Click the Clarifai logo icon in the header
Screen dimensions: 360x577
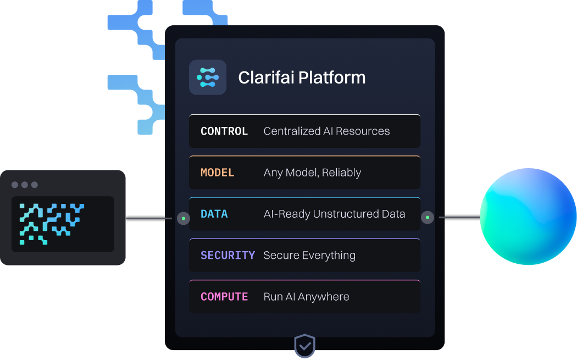click(x=208, y=77)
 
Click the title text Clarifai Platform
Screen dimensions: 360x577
click(x=302, y=77)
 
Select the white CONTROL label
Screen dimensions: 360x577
click(x=224, y=131)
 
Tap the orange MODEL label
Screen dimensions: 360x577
click(x=218, y=173)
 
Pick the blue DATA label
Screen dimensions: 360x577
click(x=214, y=214)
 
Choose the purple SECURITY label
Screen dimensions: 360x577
click(x=228, y=255)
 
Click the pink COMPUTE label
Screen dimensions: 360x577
click(x=224, y=297)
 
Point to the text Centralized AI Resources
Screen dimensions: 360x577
click(x=326, y=131)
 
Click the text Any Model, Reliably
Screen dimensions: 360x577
click(x=312, y=173)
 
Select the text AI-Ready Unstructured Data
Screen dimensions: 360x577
click(x=334, y=214)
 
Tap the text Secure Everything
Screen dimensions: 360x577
click(x=309, y=255)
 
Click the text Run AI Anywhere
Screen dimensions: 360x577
click(x=306, y=297)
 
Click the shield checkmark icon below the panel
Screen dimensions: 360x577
click(x=305, y=346)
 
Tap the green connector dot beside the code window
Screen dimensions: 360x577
click(x=183, y=218)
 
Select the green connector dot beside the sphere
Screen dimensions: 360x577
click(x=427, y=218)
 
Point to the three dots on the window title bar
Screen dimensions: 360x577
click(x=25, y=185)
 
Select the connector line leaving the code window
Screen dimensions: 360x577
click(x=148, y=218)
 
